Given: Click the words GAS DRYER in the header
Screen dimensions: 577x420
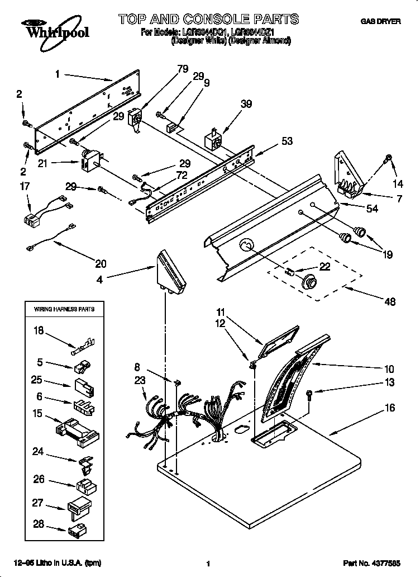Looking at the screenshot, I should (x=380, y=22).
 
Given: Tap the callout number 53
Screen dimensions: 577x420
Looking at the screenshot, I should (x=287, y=141).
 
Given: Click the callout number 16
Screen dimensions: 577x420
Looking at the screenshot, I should (x=389, y=408).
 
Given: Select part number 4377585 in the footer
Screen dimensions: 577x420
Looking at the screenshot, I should (x=380, y=564).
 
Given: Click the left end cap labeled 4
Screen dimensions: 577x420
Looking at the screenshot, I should (x=171, y=273).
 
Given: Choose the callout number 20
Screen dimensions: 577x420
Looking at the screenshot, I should (x=101, y=263).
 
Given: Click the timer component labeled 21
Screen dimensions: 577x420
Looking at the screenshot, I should (x=89, y=162).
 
